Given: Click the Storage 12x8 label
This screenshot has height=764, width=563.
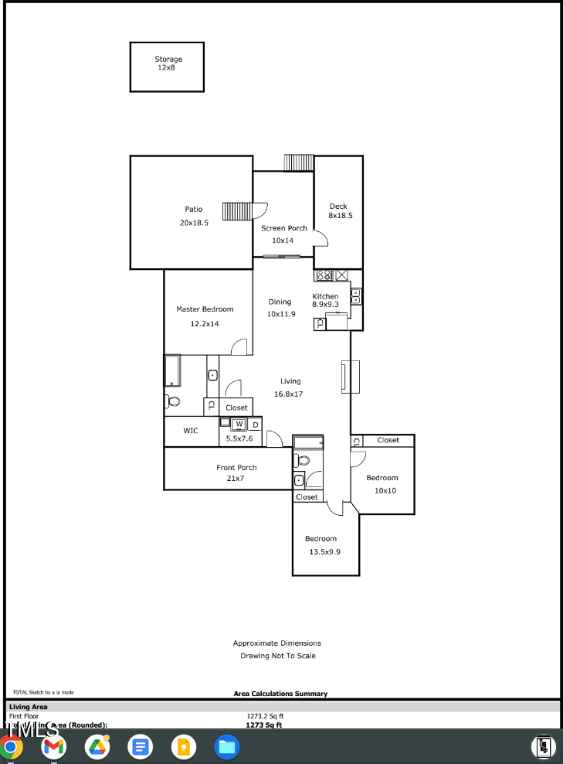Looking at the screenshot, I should click(x=168, y=63).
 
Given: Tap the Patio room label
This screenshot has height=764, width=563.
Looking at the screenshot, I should click(x=193, y=210).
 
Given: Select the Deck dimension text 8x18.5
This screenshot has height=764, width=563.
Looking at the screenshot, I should click(x=340, y=216).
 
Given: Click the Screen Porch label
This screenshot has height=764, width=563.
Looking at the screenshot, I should click(x=283, y=228).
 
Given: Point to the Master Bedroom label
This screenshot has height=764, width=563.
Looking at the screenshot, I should click(x=205, y=309).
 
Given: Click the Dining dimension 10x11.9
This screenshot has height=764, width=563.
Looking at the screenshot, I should click(x=281, y=314).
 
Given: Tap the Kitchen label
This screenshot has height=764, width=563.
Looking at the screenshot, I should click(x=325, y=296).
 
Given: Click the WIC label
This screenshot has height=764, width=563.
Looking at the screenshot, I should click(x=191, y=431).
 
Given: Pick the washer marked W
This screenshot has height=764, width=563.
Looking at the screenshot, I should click(x=239, y=424).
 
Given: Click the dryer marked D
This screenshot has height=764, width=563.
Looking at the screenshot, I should click(x=255, y=425).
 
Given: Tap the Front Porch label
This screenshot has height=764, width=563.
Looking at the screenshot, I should click(x=236, y=468).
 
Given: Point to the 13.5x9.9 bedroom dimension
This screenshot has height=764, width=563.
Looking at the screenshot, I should click(x=324, y=551).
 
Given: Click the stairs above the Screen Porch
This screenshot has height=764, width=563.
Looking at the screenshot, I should click(x=298, y=162).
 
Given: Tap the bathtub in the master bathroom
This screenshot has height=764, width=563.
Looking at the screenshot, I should click(x=172, y=371).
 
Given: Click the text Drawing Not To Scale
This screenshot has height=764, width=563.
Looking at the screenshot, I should click(x=277, y=656).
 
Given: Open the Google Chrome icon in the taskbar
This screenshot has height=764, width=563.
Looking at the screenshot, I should click(x=10, y=747).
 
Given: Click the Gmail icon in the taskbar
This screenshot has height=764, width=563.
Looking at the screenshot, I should click(x=53, y=747).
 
